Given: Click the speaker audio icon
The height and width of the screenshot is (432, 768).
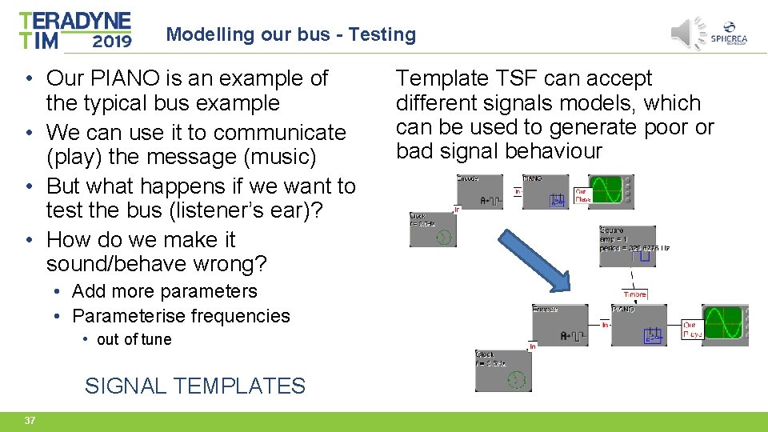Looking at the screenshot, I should [685, 33].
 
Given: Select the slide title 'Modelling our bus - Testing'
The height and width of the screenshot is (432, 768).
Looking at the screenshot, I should [290, 34].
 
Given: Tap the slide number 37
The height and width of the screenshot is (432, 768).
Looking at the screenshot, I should [30, 421].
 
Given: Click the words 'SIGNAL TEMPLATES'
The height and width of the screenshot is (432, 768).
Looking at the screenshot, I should [194, 386].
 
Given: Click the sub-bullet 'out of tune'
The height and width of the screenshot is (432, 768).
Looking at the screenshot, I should [134, 339].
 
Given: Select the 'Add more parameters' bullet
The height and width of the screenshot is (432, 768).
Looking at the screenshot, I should [164, 291].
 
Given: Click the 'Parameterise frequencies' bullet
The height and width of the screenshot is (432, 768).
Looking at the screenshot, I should [181, 316].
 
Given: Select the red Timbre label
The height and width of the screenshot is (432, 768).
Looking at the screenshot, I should [634, 294].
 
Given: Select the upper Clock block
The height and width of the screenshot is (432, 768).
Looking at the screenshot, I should [432, 229].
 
